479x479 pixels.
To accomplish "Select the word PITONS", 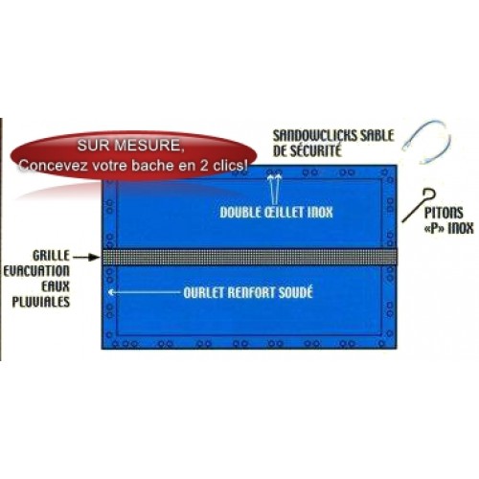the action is pyautogui.click(x=444, y=213).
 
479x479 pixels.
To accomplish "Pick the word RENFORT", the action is pyautogui.click(x=251, y=293).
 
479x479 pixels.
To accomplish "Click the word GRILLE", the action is pyautogui.click(x=51, y=256).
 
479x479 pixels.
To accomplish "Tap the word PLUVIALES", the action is pyautogui.click(x=40, y=302).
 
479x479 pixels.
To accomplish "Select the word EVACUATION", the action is pyautogui.click(x=36, y=271).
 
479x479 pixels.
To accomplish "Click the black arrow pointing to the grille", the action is pyautogui.click(x=86, y=257).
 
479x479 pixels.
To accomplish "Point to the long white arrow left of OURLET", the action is pyautogui.click(x=145, y=292).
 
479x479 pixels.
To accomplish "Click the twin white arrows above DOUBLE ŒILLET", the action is pyautogui.click(x=275, y=189).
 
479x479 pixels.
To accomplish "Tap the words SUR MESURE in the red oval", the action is pyautogui.click(x=130, y=146).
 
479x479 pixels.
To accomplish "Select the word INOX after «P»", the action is pyautogui.click(x=461, y=229).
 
